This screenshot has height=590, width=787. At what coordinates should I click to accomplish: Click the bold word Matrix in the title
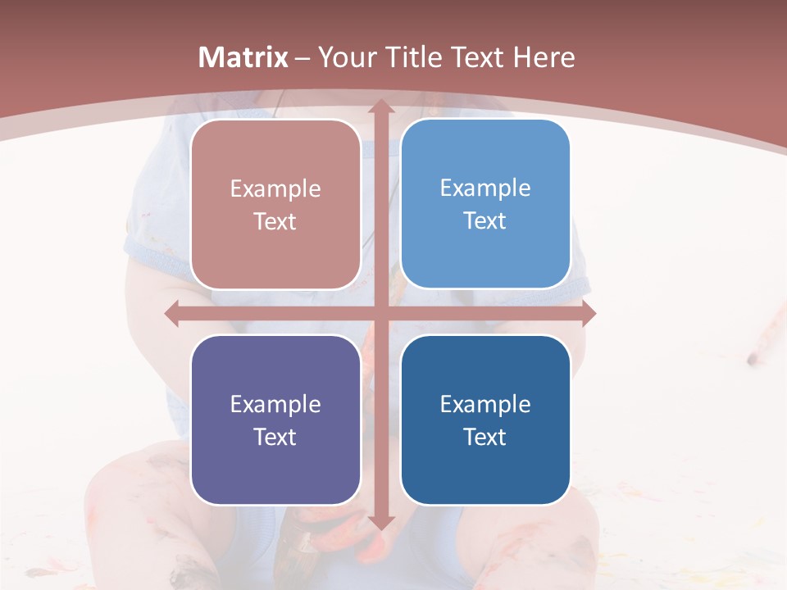(x=243, y=57)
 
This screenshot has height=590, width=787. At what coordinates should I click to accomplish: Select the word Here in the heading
(x=544, y=57)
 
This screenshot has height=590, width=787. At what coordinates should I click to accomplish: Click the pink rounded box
(x=275, y=205)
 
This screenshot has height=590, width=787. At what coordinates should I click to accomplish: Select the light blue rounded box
(x=485, y=204)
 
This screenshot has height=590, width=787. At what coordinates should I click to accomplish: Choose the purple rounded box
(x=275, y=420)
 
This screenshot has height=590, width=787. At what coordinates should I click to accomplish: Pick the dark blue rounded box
(x=485, y=420)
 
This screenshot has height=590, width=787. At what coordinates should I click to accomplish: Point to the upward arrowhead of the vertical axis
(x=380, y=107)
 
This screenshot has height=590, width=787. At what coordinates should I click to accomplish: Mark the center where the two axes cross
(x=380, y=313)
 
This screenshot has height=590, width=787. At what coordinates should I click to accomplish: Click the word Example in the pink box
(x=275, y=189)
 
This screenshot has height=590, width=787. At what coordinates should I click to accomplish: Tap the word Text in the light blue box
(x=485, y=221)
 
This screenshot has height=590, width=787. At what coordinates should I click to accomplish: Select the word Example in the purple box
(x=275, y=404)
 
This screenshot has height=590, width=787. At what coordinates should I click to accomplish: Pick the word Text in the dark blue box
(x=485, y=437)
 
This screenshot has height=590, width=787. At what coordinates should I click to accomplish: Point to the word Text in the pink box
(x=275, y=222)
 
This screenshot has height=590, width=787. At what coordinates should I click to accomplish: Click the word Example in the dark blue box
(x=485, y=404)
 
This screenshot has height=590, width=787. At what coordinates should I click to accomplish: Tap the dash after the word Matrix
(x=303, y=58)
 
